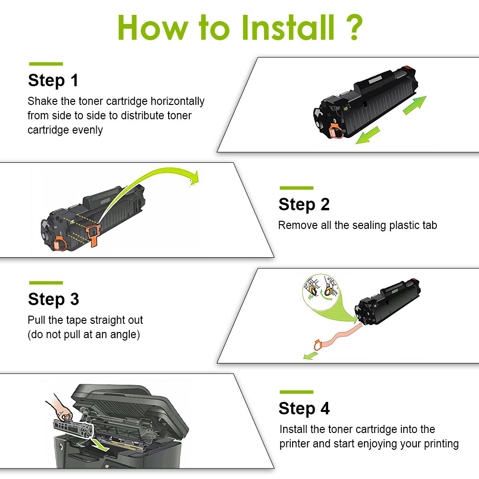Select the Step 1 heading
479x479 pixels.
53,80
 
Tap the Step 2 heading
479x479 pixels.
304,205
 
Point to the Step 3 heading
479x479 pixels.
53,299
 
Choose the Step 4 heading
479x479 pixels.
304,409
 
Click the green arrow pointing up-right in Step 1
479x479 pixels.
414,105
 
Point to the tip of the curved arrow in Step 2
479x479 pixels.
194,180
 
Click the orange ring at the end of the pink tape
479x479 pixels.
317,343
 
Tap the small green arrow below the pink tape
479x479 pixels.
310,355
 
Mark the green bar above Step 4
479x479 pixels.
296,392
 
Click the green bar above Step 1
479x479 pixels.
46,64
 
